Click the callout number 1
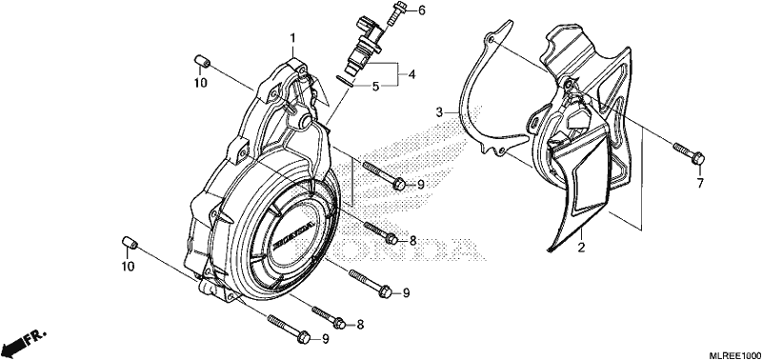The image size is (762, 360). point(293,38)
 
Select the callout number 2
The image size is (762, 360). point(581,248)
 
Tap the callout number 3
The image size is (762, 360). point(439,112)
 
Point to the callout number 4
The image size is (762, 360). point(411,75)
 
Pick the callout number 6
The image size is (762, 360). point(421,10)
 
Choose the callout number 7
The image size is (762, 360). point(700,184)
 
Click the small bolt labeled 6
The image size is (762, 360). point(396,14)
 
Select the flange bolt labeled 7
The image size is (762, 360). point(689,152)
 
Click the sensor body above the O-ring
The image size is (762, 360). point(367,43)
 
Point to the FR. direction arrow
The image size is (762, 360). point(23,343)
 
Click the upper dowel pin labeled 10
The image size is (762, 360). point(201,63)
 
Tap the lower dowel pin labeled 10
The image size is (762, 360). point(129,242)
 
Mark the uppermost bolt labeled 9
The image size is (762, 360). point(384,174)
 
